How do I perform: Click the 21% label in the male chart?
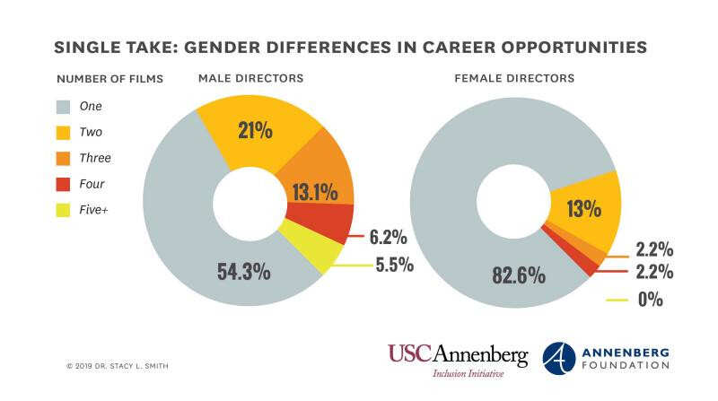pos(255,130)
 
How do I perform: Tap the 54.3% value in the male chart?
pos(243,271)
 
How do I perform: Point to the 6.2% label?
pos(389,238)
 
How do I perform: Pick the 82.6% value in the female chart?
pos(518,275)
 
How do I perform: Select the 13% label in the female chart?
pos(583,209)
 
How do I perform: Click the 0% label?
pos(650,300)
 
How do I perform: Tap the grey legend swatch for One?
pos(65,106)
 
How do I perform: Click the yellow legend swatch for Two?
pos(65,132)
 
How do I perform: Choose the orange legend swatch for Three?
pos(65,158)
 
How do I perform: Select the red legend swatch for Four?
pos(65,185)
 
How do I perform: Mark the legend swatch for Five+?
pos(65,211)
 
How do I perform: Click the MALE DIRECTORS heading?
pos(250,78)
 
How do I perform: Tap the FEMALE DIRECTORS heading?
pos(514,78)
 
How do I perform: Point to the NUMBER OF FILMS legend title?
pos(109,78)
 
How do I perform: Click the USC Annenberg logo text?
pos(458,353)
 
